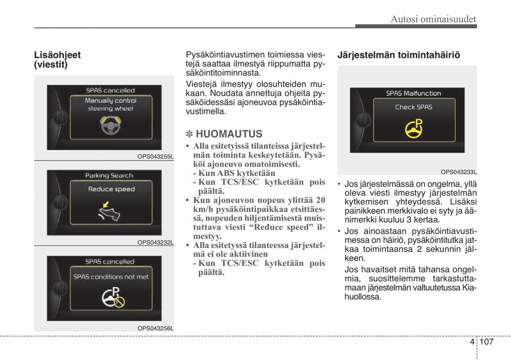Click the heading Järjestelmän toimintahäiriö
[x=399, y=55]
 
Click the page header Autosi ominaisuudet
[x=433, y=19]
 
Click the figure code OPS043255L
[x=155, y=156]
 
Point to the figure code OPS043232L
[x=155, y=242]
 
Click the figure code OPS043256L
[x=155, y=328]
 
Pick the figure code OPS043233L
[x=459, y=172]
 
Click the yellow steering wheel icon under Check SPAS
[x=413, y=129]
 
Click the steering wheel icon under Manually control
[x=110, y=125]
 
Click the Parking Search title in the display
[x=109, y=176]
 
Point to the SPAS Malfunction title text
[x=413, y=93]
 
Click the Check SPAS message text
[x=413, y=107]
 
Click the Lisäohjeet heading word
[x=57, y=55]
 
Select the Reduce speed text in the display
[x=111, y=189]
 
